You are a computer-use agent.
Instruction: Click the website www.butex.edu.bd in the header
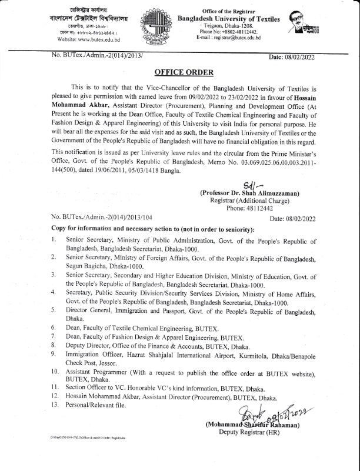[90, 39]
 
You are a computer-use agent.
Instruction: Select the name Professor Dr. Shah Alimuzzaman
[249, 193]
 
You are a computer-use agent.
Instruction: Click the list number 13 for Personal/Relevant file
[54, 406]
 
